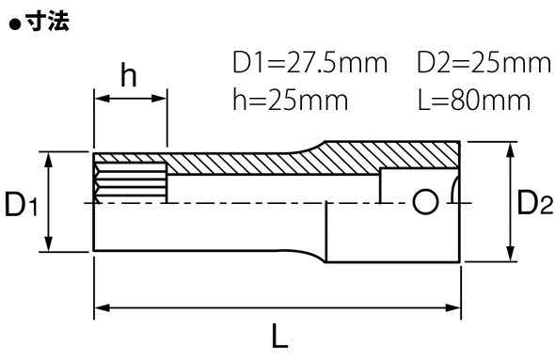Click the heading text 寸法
tap(47, 22)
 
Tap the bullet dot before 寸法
tap(15, 24)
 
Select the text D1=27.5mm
tap(310, 63)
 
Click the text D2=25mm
tap(484, 63)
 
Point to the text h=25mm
tap(291, 100)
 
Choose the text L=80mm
tap(474, 100)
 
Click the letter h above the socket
tap(129, 74)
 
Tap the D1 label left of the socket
tap(21, 204)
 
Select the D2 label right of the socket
tap(535, 202)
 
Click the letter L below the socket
tap(279, 336)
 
